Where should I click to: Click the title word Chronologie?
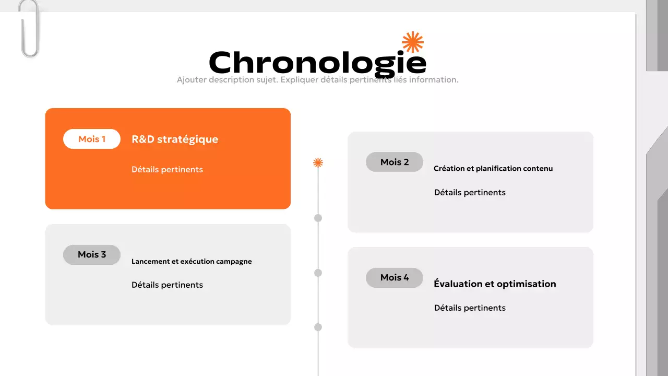point(317,62)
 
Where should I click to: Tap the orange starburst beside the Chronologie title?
point(412,42)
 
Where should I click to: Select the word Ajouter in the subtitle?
point(192,80)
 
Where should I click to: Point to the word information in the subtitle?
point(434,80)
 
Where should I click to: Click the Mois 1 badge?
point(92,139)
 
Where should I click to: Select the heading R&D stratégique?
point(175,139)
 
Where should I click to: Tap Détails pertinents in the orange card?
point(167,170)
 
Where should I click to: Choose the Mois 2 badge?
point(395,162)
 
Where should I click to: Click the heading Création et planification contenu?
point(493,169)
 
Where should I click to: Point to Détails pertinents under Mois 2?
point(470,193)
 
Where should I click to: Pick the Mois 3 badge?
point(92,254)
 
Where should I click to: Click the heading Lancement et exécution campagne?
point(192,262)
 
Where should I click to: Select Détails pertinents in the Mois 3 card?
point(167,285)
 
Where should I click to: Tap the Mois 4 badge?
point(395,277)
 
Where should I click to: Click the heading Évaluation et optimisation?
point(495,284)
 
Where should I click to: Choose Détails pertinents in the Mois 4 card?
point(470,308)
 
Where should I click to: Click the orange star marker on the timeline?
point(318,163)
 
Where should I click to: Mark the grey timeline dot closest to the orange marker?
point(318,218)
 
